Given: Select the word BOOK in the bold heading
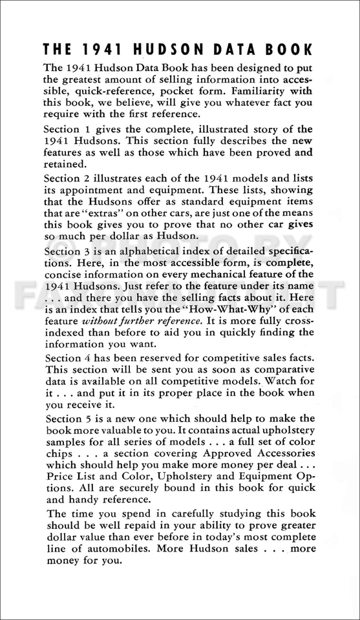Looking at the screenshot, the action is [x=291, y=50].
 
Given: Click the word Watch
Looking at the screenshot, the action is [x=298, y=380].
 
